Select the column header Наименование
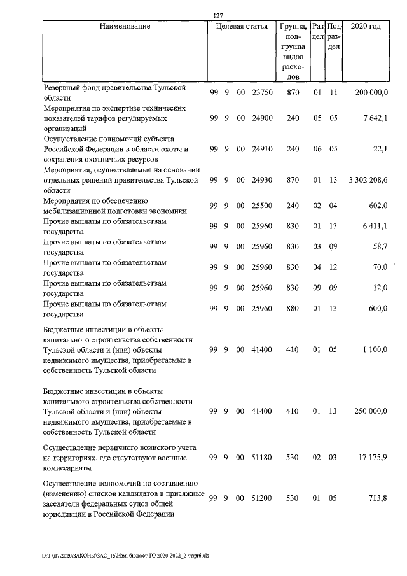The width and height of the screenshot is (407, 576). (x=125, y=27)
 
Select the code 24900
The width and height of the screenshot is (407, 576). (x=261, y=119)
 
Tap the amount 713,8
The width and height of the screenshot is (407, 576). (x=378, y=498)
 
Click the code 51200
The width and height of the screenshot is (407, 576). (x=261, y=498)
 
